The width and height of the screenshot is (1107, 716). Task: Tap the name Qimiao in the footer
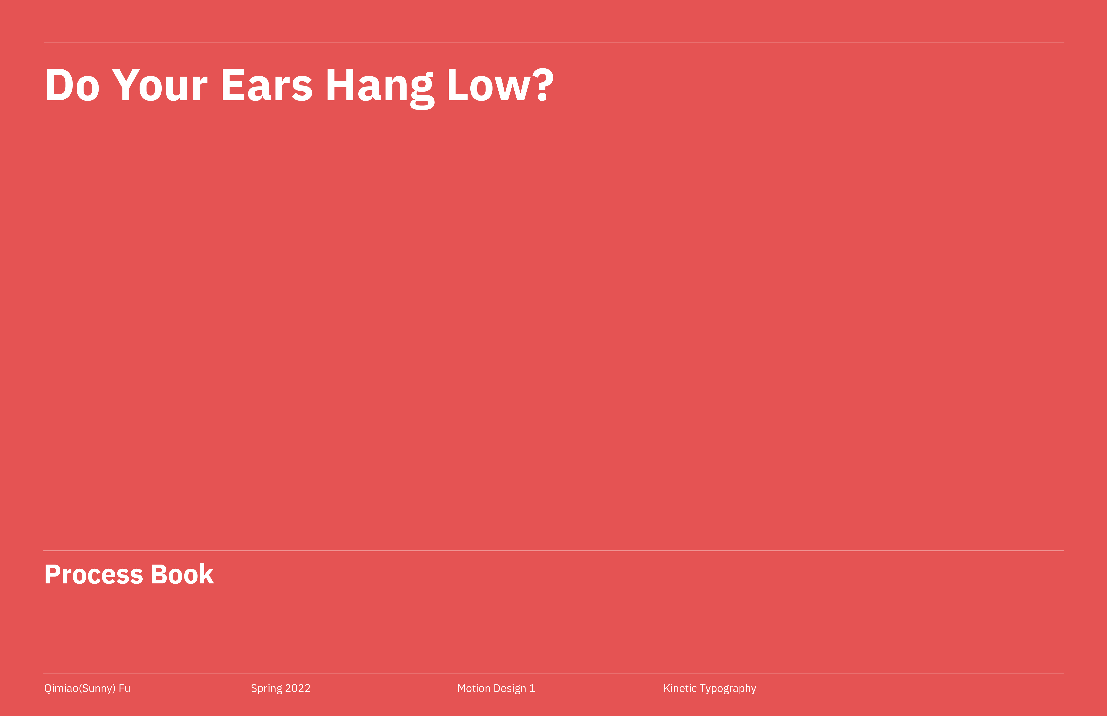coord(61,689)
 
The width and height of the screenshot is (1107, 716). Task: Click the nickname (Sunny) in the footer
coord(97,689)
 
